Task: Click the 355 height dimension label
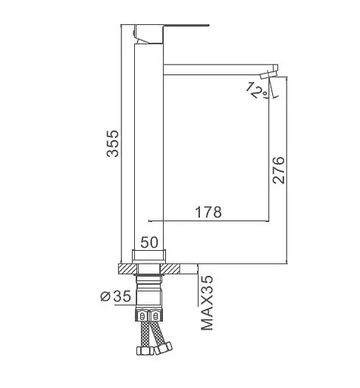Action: point(112,143)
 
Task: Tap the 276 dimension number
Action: point(279,170)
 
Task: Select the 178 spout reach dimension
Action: point(208,212)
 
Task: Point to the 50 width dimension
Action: point(149,242)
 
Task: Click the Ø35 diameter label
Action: point(116,296)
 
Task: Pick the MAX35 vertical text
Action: point(207,303)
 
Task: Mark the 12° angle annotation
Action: point(257,90)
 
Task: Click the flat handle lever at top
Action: point(172,33)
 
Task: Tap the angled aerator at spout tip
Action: point(269,74)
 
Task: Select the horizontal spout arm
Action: point(218,70)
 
